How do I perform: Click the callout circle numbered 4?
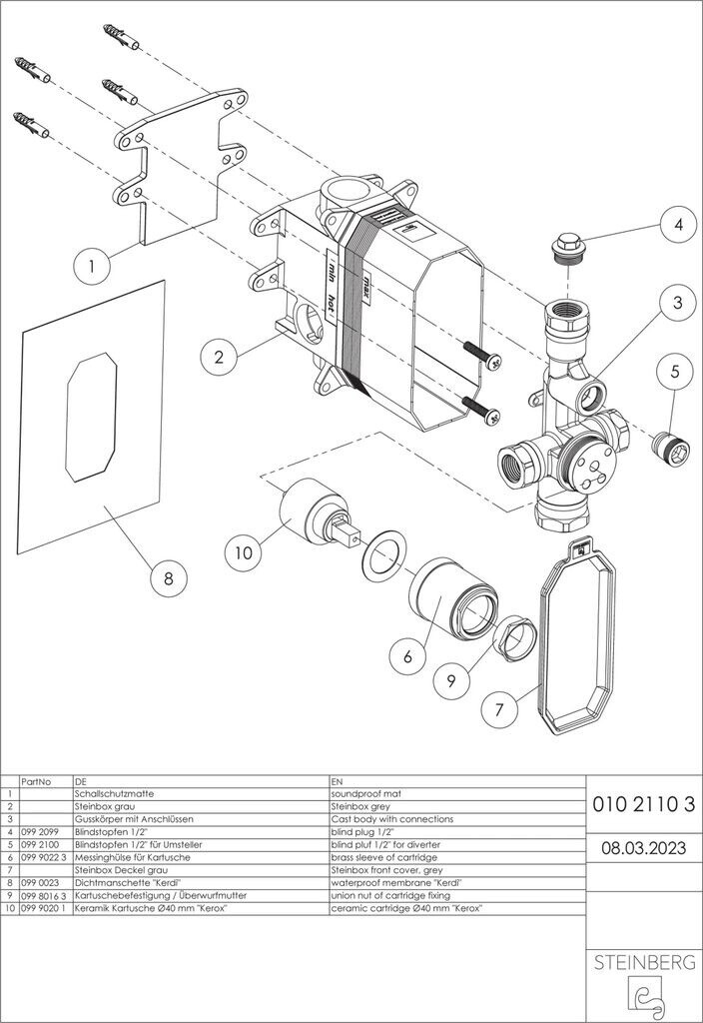tap(678, 224)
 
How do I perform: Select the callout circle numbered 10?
tap(244, 552)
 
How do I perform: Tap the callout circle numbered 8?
tap(168, 577)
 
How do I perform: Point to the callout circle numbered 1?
tap(91, 266)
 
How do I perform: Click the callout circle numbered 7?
tap(499, 708)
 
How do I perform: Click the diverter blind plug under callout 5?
tap(670, 448)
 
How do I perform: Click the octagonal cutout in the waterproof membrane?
tap(91, 417)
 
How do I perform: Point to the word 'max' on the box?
tap(367, 287)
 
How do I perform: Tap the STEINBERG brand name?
tap(644, 962)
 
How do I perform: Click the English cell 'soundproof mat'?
tap(366, 794)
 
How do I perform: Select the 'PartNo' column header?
tap(37, 781)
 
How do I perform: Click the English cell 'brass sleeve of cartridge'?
tap(384, 857)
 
